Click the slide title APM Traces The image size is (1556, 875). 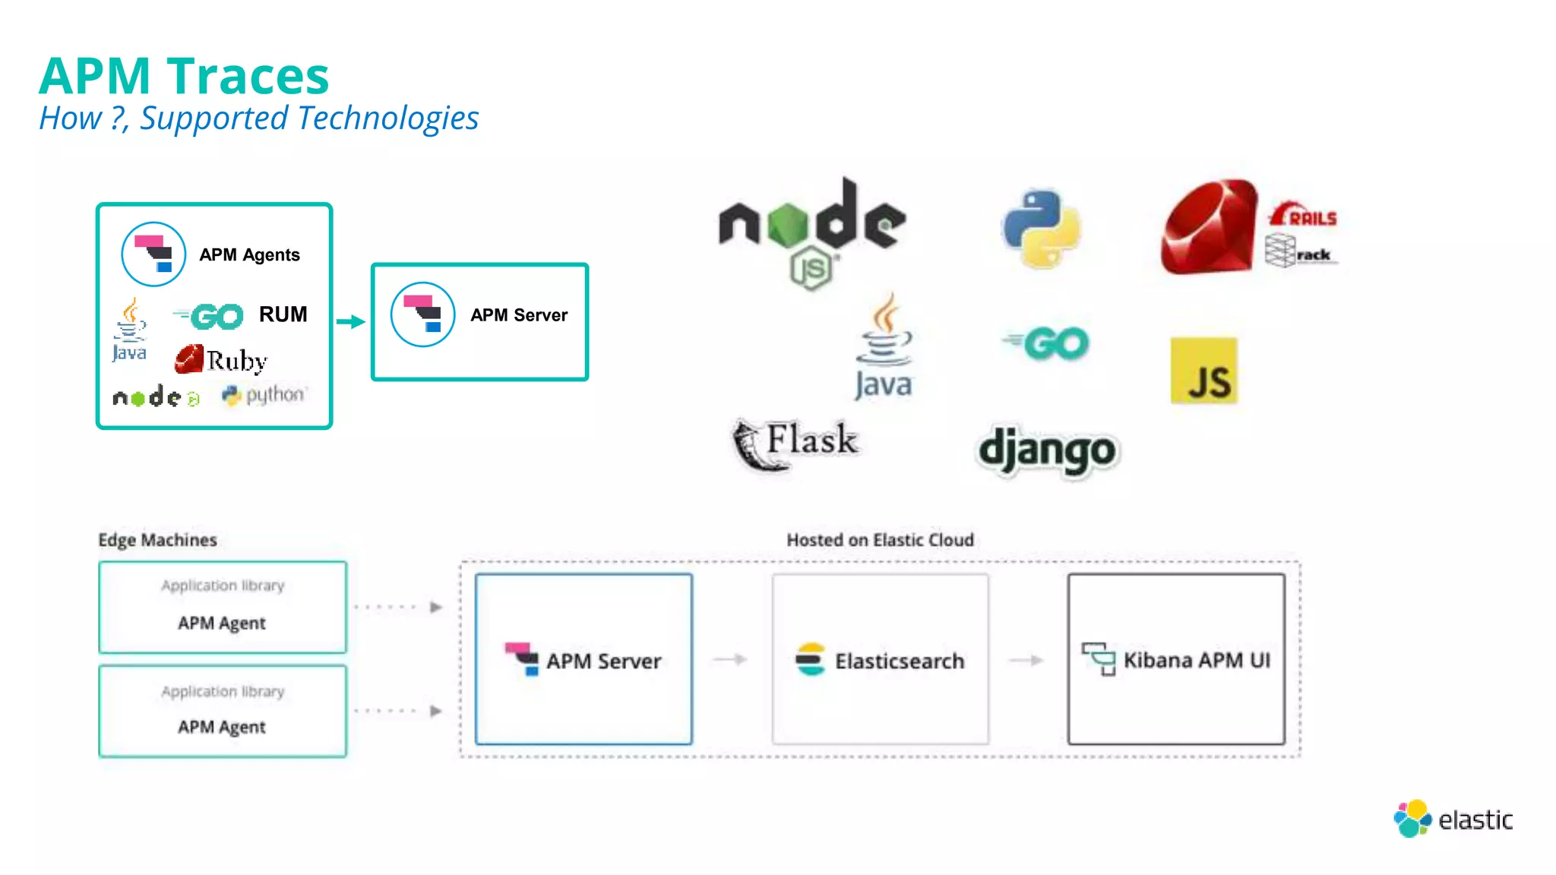(184, 76)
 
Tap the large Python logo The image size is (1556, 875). (1041, 229)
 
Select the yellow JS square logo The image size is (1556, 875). (1204, 371)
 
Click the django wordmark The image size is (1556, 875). (1047, 450)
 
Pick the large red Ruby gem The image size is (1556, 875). (1208, 227)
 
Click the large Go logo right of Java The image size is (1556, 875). (1047, 344)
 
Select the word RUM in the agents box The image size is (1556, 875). (283, 314)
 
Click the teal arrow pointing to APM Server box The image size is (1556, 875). (351, 322)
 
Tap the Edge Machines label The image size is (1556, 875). (157, 540)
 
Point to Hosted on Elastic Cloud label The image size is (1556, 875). (880, 540)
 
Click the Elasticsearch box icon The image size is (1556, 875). (810, 659)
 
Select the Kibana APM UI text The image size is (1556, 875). (1197, 660)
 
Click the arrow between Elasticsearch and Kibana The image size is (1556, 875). (1026, 660)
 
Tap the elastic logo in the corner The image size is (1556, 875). (1453, 819)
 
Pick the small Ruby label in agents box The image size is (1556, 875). (236, 361)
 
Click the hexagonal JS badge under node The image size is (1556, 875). (811, 269)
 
